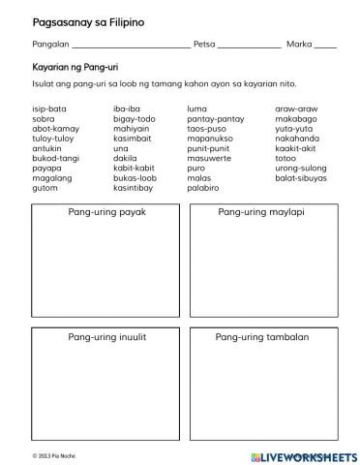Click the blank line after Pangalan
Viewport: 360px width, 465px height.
tap(132, 46)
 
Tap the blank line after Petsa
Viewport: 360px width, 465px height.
tap(249, 46)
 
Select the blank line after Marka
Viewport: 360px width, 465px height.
tap(325, 46)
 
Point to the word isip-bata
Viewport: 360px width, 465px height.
tap(49, 108)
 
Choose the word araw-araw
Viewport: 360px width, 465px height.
tap(295, 108)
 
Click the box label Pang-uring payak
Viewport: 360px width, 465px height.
tap(106, 211)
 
